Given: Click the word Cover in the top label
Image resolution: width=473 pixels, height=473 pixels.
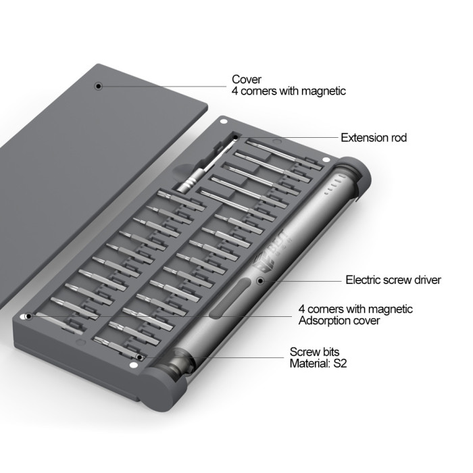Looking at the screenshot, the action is pos(247,79).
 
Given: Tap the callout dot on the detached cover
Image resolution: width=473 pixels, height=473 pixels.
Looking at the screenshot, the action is pos(98,86).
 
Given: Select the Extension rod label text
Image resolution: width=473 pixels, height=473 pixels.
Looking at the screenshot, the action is pos(374,138).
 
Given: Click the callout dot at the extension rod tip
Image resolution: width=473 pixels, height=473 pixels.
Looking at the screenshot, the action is pos(236,138).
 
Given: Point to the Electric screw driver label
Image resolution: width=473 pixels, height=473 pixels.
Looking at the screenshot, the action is pos(393,280).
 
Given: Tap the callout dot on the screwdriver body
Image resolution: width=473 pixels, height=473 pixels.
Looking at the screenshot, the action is pos(260,281).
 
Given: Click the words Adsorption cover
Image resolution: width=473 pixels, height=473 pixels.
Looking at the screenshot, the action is pos(339,320).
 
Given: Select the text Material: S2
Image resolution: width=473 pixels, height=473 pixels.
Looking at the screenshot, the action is pos(318,364).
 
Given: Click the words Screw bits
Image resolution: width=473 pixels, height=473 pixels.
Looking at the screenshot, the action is pos(314,352).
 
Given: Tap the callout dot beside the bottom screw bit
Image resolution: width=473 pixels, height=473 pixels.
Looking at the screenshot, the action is pos(139,357).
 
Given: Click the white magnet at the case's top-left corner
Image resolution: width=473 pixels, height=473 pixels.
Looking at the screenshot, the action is pos(223,122).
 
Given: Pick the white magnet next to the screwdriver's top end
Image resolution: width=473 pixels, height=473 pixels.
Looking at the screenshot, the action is pos(326,160).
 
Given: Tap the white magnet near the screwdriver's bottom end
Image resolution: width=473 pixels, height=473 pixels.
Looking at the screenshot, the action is pos(133,366).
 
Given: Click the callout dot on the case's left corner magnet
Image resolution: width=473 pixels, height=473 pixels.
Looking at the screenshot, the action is pos(28,316).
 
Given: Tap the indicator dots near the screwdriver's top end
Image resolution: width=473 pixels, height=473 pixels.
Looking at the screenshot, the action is pos(334,186).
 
